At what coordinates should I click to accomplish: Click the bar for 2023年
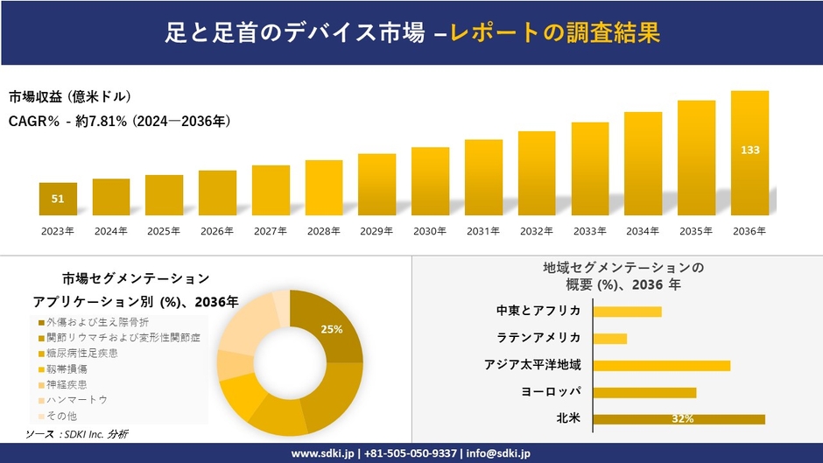(58, 199)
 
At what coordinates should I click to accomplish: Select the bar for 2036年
(749, 153)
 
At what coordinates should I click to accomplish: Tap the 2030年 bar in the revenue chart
(430, 181)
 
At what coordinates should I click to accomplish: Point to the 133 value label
(749, 151)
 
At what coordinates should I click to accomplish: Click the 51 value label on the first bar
(58, 200)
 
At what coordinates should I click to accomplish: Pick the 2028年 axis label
(324, 231)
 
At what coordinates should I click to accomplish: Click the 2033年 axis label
(589, 231)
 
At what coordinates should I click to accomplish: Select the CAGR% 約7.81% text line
(120, 121)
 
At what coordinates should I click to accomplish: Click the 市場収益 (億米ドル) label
(70, 96)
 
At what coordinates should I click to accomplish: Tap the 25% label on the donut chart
(332, 329)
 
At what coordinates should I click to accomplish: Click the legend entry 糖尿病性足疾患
(82, 353)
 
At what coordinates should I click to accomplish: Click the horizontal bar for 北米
(679, 419)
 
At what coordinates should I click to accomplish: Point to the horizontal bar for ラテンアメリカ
(610, 339)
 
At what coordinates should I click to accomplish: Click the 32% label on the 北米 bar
(683, 419)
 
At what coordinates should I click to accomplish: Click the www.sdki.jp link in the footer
(321, 453)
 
